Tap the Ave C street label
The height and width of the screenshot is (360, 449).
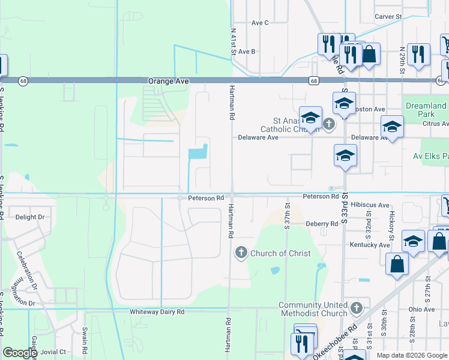click(260, 23)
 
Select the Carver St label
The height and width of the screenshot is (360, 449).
click(388, 17)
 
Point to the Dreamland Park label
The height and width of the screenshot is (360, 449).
click(426, 110)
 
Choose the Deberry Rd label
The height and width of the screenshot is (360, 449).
click(322, 224)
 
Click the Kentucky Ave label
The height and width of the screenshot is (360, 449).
click(370, 245)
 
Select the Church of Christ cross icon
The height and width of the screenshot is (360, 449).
click(241, 253)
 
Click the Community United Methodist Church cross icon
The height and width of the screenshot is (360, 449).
click(357, 308)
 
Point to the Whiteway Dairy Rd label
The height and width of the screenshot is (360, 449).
click(157, 312)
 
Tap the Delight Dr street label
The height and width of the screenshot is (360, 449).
click(30, 217)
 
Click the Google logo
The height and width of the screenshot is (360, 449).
click(20, 353)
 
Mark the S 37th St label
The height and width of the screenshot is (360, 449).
click(287, 214)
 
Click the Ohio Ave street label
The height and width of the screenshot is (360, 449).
click(421, 310)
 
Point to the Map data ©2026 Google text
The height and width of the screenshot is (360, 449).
click(411, 355)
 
